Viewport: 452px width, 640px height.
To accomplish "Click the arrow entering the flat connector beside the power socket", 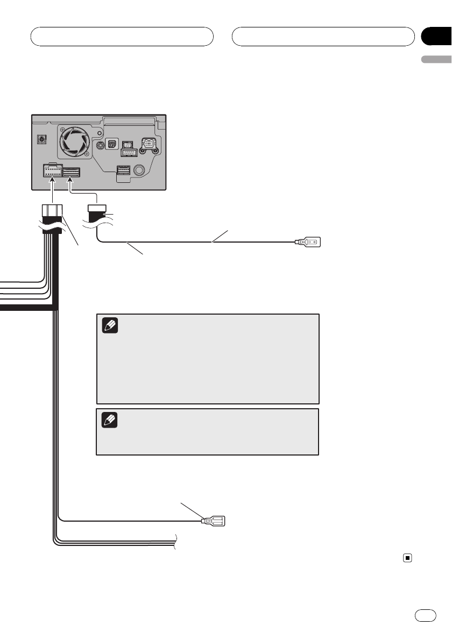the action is click(71, 186).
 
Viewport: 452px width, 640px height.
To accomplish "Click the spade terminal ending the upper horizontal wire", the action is click(308, 243).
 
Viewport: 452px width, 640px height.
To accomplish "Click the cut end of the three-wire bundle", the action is click(176, 541).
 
